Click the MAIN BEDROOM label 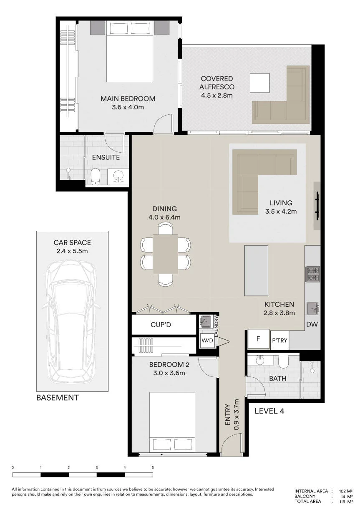click(x=128, y=98)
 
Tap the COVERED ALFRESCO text click(x=217, y=83)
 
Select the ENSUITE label click(x=106, y=157)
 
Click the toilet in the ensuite click(x=95, y=176)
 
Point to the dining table click(x=166, y=254)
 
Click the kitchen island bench click(x=256, y=270)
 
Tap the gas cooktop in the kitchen click(x=312, y=274)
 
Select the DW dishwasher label click(x=312, y=324)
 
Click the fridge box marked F click(x=258, y=339)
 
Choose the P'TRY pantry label click(x=279, y=341)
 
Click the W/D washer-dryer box click(x=207, y=341)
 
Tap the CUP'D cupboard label click(x=161, y=325)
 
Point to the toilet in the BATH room click(x=283, y=361)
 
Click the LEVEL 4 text click(x=269, y=411)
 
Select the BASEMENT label click(x=58, y=398)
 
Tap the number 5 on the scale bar click(x=153, y=467)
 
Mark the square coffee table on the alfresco click(x=259, y=83)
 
